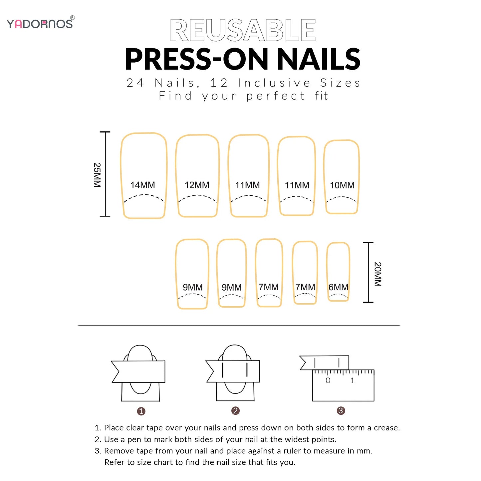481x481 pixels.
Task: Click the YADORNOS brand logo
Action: click(40, 23)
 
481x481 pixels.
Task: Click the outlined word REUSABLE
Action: click(243, 30)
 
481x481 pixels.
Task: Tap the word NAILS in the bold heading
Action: click(319, 59)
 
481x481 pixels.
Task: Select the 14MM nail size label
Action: click(142, 185)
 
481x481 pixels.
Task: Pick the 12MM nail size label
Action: click(197, 185)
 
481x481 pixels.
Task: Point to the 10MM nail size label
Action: click(342, 185)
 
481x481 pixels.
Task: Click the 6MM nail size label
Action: click(338, 287)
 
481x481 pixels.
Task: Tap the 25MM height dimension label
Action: click(97, 175)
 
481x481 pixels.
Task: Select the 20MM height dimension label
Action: click(377, 274)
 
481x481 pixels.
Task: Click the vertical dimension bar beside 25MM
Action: click(105, 174)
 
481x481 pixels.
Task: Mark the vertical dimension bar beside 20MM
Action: click(368, 272)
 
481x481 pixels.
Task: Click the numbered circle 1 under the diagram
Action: click(141, 411)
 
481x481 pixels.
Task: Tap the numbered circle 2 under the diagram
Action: click(235, 411)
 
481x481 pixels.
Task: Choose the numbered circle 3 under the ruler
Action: click(341, 411)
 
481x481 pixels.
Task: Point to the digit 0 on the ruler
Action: click(328, 380)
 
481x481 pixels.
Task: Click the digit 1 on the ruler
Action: click(353, 380)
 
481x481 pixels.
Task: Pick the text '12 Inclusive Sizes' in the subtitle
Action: click(285, 83)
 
